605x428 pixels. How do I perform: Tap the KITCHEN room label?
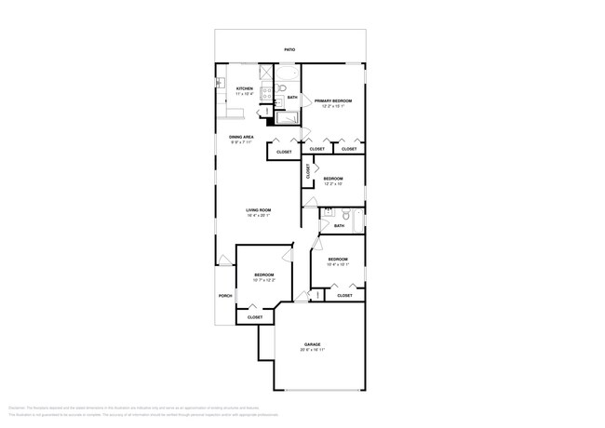[x=244, y=88]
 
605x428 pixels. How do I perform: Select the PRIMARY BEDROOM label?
[x=332, y=100]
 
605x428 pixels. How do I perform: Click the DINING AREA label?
[x=242, y=138]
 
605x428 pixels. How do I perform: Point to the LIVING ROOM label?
[x=258, y=209]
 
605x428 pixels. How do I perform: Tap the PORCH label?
[x=224, y=296]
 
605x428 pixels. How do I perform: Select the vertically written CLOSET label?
[x=308, y=170]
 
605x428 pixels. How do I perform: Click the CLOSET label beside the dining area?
[x=284, y=152]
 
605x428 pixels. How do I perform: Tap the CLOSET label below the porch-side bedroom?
[x=254, y=317]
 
